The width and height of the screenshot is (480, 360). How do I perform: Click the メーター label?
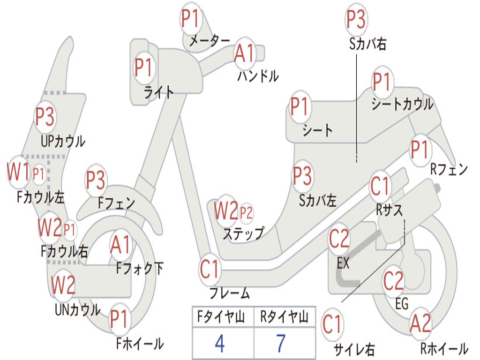click(x=210, y=41)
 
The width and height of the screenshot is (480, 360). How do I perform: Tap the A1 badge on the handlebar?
click(x=245, y=53)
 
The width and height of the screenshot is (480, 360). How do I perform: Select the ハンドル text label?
click(x=258, y=76)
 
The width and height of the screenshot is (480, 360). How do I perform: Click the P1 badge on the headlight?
click(x=143, y=67)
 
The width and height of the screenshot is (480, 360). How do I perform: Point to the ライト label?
click(x=159, y=92)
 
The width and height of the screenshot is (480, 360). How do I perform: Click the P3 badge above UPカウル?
click(x=45, y=117)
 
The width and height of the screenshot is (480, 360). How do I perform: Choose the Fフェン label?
click(x=117, y=202)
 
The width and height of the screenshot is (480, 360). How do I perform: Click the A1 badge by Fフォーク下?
click(x=121, y=245)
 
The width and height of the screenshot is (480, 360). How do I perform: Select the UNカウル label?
click(x=78, y=309)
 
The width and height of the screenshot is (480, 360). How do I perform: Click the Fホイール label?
click(x=140, y=343)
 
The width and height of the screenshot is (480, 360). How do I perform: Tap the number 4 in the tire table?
click(x=220, y=344)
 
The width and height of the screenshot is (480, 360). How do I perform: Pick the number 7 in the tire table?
click(x=281, y=344)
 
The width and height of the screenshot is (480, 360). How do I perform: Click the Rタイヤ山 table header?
click(x=284, y=317)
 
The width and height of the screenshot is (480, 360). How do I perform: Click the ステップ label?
click(x=243, y=234)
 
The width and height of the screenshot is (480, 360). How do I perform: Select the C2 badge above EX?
click(x=339, y=239)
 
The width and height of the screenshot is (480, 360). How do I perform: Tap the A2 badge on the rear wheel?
click(x=420, y=323)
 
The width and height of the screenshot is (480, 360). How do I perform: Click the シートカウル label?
click(x=402, y=104)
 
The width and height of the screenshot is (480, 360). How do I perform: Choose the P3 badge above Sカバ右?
click(x=356, y=19)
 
